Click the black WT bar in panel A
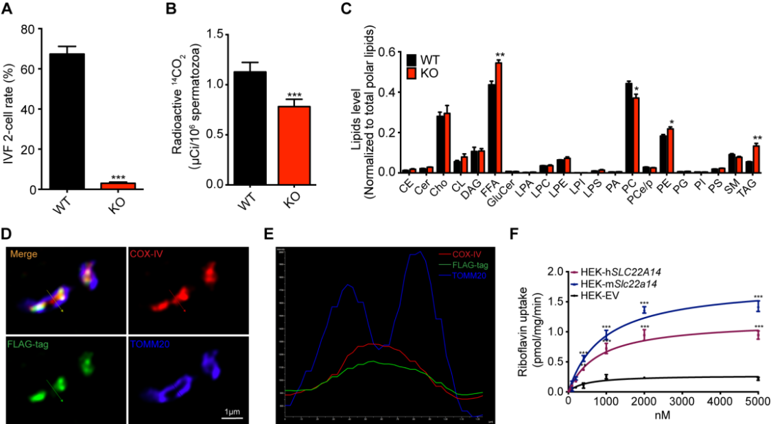pyautogui.click(x=67, y=121)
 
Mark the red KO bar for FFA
pyautogui.click(x=499, y=117)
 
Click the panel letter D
pyautogui.click(x=6, y=234)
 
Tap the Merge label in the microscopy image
pyautogui.click(x=23, y=255)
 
